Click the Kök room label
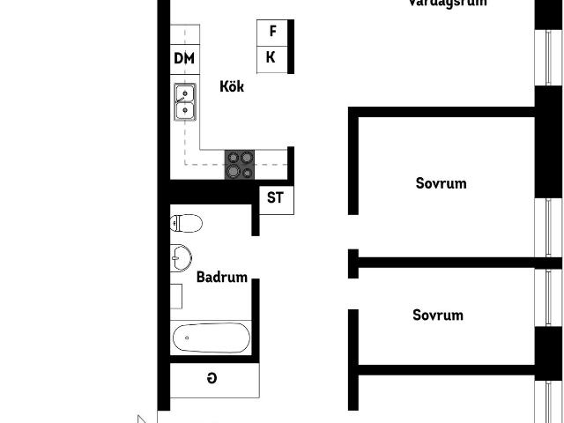[x=232, y=87]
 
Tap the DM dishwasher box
[x=184, y=59]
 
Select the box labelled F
[x=272, y=31]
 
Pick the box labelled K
[x=272, y=58]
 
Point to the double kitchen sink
[x=185, y=101]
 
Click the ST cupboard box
[x=275, y=197]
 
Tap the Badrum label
[x=221, y=276]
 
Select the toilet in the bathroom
[x=186, y=223]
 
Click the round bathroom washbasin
[x=182, y=257]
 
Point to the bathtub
[x=211, y=338]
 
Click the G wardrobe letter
[x=211, y=379]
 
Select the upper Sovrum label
[x=441, y=184]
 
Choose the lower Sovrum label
[x=438, y=315]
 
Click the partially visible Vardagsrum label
[x=448, y=4]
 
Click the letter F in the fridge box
[x=273, y=31]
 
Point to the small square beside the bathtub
[x=175, y=296]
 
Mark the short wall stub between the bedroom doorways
[x=352, y=263]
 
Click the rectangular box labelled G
[x=214, y=380]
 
